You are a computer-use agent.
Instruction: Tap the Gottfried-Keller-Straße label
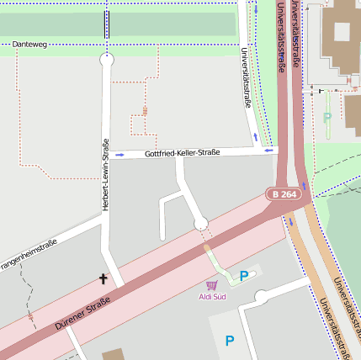(x=182, y=153)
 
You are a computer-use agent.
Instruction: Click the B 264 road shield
(x=284, y=194)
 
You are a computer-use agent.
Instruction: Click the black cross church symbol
(x=104, y=278)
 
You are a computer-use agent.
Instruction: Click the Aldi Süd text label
(x=212, y=297)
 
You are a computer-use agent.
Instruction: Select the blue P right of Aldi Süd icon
(x=244, y=276)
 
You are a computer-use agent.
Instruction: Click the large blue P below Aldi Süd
(x=229, y=341)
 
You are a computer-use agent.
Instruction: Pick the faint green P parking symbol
(x=327, y=118)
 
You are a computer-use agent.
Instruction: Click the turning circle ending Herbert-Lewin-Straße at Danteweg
(x=106, y=60)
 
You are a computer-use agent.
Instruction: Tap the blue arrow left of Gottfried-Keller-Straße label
(x=119, y=155)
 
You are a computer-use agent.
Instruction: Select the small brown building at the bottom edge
(x=112, y=354)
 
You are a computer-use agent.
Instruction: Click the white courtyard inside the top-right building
(x=342, y=32)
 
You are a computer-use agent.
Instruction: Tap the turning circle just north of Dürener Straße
(x=200, y=223)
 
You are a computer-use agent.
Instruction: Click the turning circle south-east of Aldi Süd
(x=262, y=296)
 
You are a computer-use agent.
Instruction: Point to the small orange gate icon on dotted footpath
(x=145, y=110)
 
